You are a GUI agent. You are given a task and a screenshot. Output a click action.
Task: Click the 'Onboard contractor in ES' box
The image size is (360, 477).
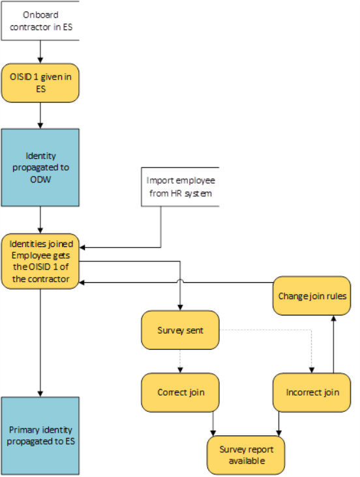pos(40,21)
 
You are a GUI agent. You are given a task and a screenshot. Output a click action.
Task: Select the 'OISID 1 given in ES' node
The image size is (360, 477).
pos(40,83)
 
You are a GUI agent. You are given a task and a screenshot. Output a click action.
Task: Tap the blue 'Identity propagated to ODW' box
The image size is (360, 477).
pos(40,167)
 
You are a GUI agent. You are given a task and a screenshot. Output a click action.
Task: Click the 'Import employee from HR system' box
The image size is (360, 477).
pos(180,187)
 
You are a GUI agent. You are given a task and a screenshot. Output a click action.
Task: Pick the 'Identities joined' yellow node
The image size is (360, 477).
pos(40,261)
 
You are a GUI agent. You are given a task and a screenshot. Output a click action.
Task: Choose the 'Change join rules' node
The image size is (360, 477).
pos(312,296)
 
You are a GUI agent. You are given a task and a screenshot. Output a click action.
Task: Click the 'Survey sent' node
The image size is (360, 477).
pos(180,330)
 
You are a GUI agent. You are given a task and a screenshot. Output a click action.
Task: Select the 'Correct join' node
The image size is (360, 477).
pos(180,392)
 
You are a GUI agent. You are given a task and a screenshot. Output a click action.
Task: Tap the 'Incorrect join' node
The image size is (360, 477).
pos(312,392)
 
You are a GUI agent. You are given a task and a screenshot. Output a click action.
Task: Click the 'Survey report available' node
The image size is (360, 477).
pos(246,455)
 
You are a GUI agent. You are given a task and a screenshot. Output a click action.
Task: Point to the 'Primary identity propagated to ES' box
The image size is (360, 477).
pos(40,436)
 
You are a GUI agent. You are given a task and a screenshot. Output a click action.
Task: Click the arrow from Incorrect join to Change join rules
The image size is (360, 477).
pos(333,344)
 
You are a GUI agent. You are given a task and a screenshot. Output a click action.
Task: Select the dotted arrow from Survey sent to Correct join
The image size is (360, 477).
pos(180,361)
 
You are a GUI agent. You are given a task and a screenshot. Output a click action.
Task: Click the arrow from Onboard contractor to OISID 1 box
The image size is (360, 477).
pos(40,51)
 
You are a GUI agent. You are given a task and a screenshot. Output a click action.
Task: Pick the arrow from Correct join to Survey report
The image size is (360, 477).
pos(213,424)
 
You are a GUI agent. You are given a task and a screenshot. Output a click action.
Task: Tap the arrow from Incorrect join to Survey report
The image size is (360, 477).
pos(278,424)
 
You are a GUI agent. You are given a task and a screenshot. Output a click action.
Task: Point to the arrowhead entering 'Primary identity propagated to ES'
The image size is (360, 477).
pos(40,394)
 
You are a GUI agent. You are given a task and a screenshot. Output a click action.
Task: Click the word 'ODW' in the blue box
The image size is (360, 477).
pos(40,179)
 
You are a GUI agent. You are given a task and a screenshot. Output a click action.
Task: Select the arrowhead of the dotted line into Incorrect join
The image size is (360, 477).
pos(312,370)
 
